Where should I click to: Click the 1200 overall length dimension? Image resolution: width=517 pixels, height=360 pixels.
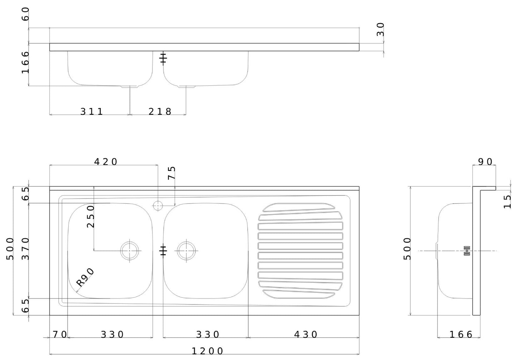pyautogui.click(x=208, y=351)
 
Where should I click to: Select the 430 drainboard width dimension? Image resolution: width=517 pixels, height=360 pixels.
pyautogui.click(x=306, y=335)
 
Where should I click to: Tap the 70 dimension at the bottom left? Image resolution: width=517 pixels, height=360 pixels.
pyautogui.click(x=60, y=335)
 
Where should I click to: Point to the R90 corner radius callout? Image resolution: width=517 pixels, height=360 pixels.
pyautogui.click(x=85, y=277)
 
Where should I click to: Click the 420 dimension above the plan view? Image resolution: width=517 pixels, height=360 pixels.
pyautogui.click(x=106, y=162)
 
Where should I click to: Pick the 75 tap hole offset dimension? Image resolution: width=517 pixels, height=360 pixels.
pyautogui.click(x=172, y=173)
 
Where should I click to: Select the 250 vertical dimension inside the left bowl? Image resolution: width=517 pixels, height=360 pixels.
pyautogui.click(x=91, y=216)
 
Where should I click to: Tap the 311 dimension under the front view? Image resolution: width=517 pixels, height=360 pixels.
pyautogui.click(x=92, y=112)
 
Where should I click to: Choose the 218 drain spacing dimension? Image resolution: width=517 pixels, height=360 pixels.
pyautogui.click(x=160, y=112)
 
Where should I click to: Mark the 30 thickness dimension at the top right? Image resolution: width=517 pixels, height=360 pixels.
pyautogui.click(x=380, y=29)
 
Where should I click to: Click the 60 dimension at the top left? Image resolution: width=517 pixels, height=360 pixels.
pyautogui.click(x=25, y=14)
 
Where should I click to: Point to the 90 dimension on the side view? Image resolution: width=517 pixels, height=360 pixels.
pyautogui.click(x=486, y=162)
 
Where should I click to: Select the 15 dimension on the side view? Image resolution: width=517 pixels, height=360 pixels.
pyautogui.click(x=507, y=202)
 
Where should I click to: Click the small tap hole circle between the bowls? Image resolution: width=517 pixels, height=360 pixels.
pyautogui.click(x=158, y=206)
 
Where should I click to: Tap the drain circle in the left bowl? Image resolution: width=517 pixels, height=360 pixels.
pyautogui.click(x=130, y=251)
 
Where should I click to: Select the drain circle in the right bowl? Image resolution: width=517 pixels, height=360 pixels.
pyautogui.click(x=186, y=251)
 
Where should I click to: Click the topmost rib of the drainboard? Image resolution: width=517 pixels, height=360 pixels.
pyautogui.click(x=299, y=207)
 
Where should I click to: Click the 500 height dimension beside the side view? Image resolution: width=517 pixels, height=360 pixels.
pyautogui.click(x=407, y=248)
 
